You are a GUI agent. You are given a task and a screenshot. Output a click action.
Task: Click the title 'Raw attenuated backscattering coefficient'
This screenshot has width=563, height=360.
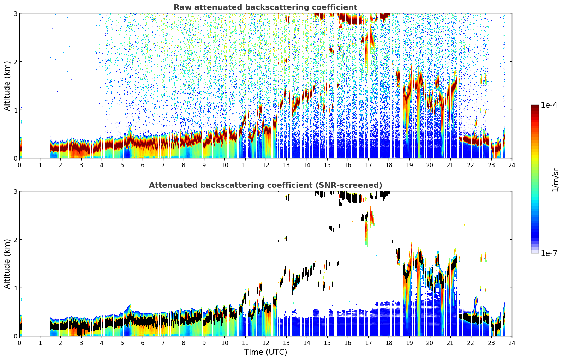pos(265,7)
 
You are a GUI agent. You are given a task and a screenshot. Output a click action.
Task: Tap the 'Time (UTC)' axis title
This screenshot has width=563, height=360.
pos(265,352)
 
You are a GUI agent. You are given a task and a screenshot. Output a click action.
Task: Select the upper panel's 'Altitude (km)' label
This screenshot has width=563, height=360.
pos(7,86)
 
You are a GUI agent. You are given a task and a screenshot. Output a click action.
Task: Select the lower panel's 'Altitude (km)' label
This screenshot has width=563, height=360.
pos(7,264)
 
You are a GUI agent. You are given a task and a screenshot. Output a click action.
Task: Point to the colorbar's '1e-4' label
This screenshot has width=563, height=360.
pos(549,105)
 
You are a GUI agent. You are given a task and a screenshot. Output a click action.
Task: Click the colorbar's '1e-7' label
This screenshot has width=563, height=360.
pos(549,253)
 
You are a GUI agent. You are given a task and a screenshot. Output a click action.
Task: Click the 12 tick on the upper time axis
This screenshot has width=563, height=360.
pos(266,165)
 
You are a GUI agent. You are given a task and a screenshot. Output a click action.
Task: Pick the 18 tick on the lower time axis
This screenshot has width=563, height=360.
pos(389,343)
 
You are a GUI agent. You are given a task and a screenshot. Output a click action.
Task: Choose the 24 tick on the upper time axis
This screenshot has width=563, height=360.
pos(512,165)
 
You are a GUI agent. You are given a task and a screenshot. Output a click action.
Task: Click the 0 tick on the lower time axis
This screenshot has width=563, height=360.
pos(20,343)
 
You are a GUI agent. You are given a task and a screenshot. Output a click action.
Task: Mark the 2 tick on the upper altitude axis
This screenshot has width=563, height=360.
pos(15,62)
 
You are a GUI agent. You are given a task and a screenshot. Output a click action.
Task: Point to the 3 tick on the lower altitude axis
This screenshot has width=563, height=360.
pos(15,191)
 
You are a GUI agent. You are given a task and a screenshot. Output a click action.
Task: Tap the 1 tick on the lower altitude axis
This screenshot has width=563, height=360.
pos(15,288)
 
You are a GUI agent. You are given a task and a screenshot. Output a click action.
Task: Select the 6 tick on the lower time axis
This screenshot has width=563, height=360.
pos(143,343)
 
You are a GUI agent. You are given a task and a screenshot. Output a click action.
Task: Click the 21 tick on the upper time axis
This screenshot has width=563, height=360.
pos(450,165)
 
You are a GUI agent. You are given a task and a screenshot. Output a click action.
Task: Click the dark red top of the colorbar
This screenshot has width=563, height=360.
pos(535,107)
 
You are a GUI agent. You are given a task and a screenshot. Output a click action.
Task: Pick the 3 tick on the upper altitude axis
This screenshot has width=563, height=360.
pos(15,13)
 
